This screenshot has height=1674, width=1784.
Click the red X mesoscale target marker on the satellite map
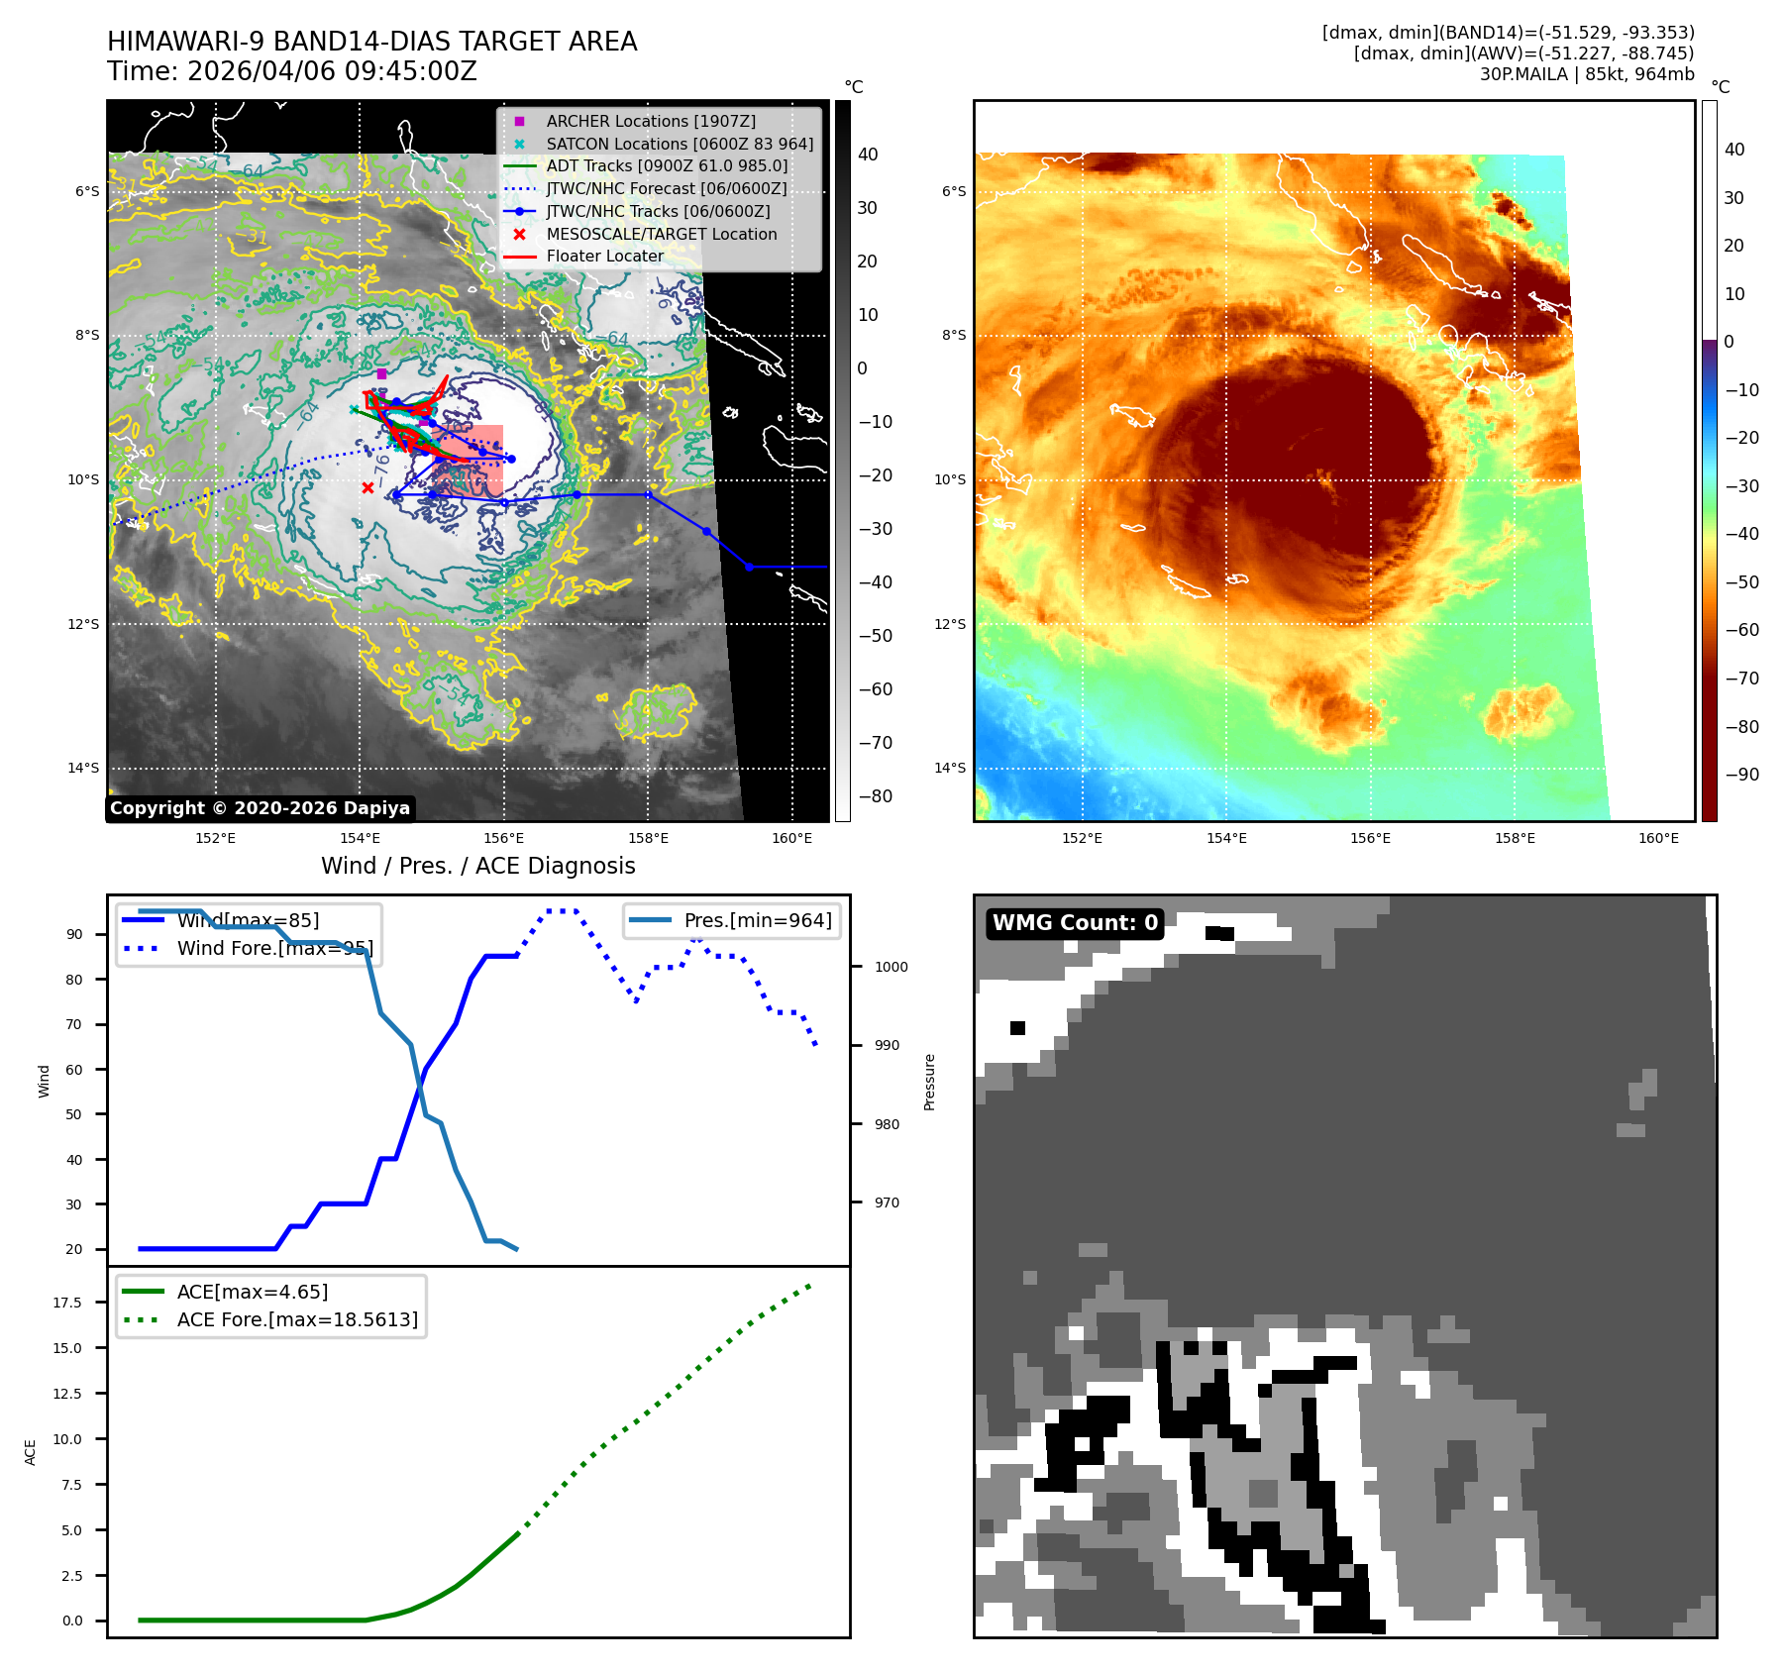pyautogui.click(x=367, y=487)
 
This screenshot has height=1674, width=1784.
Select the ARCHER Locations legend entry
pyautogui.click(x=650, y=121)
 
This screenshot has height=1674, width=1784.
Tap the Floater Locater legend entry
pyautogui.click(x=604, y=256)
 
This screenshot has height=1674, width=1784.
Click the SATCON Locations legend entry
pyautogui.click(x=679, y=144)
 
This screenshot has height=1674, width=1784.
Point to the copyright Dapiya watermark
pyautogui.click(x=260, y=808)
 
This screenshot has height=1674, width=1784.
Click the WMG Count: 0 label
pyautogui.click(x=1075, y=923)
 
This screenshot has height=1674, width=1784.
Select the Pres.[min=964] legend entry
pyautogui.click(x=757, y=921)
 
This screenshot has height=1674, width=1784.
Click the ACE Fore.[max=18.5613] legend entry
pyautogui.click(x=297, y=1319)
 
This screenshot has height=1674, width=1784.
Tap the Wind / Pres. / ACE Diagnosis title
pyautogui.click(x=477, y=866)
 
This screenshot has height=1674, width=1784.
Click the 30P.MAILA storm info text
pyautogui.click(x=1586, y=74)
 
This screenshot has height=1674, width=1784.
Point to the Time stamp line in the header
pyautogui.click(x=292, y=71)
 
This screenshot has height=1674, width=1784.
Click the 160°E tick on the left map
pyautogui.click(x=791, y=838)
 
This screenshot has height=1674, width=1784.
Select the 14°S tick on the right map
pyautogui.click(x=950, y=768)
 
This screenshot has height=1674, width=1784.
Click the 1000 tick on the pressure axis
pyautogui.click(x=891, y=967)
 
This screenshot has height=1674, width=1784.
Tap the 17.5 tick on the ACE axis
pyautogui.click(x=67, y=1303)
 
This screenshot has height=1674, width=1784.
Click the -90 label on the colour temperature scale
pyautogui.click(x=1741, y=775)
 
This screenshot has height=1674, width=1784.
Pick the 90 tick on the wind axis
pyautogui.click(x=74, y=934)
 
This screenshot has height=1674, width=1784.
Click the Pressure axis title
pyautogui.click(x=929, y=1082)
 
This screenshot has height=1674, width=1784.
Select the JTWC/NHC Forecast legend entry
pyautogui.click(x=666, y=188)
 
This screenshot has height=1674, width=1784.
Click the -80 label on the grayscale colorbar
pyautogui.click(x=875, y=796)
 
